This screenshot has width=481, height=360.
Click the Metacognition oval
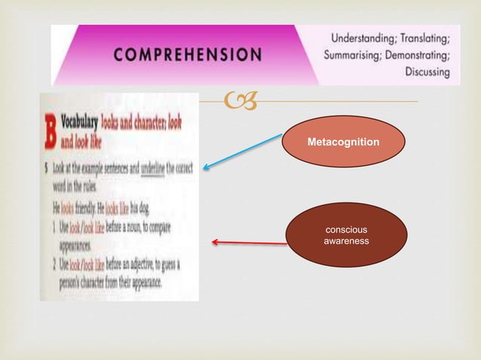pos(343,142)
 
